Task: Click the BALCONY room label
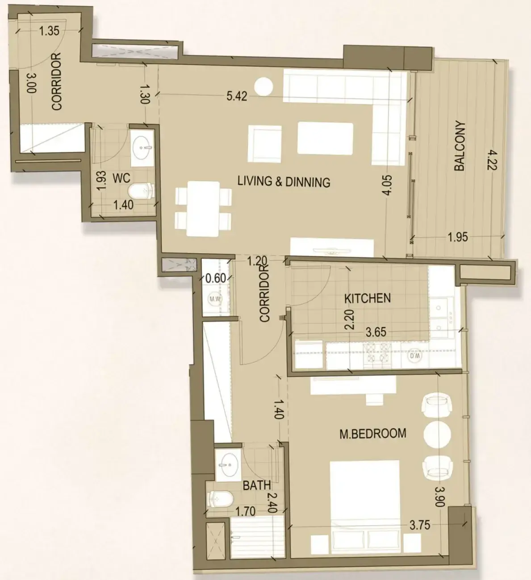[460, 146]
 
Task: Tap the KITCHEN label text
[367, 298]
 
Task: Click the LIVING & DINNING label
[284, 182]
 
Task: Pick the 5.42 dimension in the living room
[237, 96]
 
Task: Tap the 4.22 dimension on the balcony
[492, 160]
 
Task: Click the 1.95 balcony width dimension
[458, 237]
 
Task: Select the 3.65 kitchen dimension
[376, 332]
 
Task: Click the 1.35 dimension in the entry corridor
[50, 31]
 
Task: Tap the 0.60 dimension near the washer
[216, 278]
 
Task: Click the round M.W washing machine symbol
[215, 299]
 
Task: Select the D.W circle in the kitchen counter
[415, 355]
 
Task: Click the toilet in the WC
[142, 191]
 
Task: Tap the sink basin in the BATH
[229, 464]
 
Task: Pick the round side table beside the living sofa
[263, 87]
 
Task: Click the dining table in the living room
[203, 209]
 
